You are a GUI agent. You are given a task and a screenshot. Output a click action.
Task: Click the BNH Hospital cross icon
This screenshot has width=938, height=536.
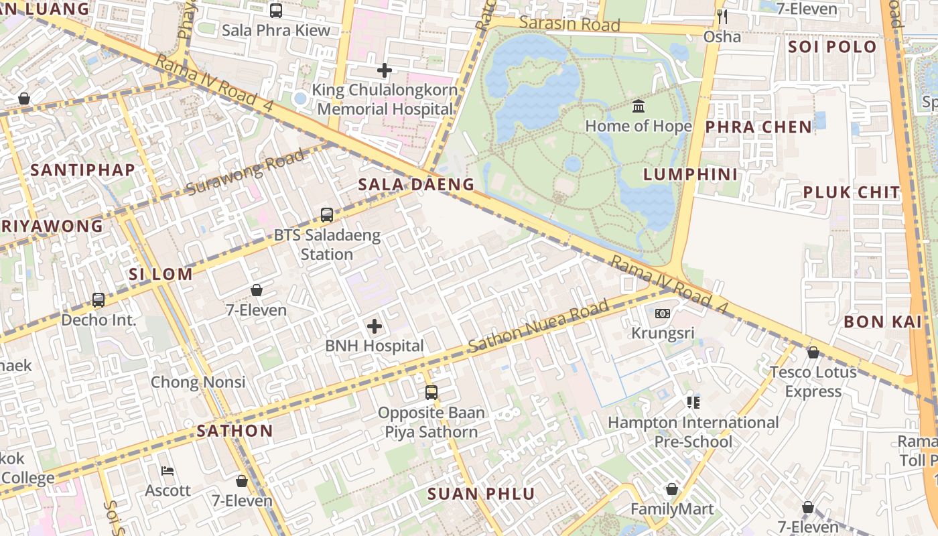(x=375, y=326)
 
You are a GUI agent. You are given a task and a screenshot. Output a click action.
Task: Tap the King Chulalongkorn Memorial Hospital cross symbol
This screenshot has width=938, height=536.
(x=384, y=70)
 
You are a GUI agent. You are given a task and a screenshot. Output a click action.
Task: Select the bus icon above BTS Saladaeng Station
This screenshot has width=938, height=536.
(x=327, y=215)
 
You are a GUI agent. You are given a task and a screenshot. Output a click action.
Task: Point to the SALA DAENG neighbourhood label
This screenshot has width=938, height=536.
(x=416, y=185)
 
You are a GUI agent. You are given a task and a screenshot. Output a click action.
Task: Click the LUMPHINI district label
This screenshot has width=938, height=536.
(x=691, y=175)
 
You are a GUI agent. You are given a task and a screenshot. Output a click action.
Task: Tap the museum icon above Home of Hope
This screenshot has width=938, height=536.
(x=639, y=107)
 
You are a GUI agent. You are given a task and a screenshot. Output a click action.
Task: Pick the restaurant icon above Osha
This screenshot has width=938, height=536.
(x=722, y=17)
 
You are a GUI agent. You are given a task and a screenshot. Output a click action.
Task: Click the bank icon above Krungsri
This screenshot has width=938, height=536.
(x=663, y=314)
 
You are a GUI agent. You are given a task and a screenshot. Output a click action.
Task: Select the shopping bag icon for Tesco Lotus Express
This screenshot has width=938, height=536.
(x=813, y=352)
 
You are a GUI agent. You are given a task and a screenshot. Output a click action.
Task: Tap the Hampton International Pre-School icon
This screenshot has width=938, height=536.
(x=693, y=403)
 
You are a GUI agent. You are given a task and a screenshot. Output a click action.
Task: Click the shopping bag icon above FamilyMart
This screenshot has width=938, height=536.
(x=672, y=490)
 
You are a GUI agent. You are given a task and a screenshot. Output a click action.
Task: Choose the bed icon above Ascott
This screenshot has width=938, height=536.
(x=168, y=471)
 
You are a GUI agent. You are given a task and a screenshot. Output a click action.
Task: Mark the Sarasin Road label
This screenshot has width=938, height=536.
(x=569, y=24)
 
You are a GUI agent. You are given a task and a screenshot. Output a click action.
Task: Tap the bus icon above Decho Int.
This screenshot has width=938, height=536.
(x=98, y=300)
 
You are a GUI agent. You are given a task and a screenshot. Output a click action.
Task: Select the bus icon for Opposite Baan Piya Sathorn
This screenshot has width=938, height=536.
(x=431, y=393)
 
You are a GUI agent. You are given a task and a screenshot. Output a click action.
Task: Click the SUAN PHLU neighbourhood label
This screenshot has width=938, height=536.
(x=481, y=494)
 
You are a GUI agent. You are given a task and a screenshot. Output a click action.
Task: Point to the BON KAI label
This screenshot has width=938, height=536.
(x=882, y=322)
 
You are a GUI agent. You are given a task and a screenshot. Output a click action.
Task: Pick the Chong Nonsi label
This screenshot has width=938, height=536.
(x=198, y=383)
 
